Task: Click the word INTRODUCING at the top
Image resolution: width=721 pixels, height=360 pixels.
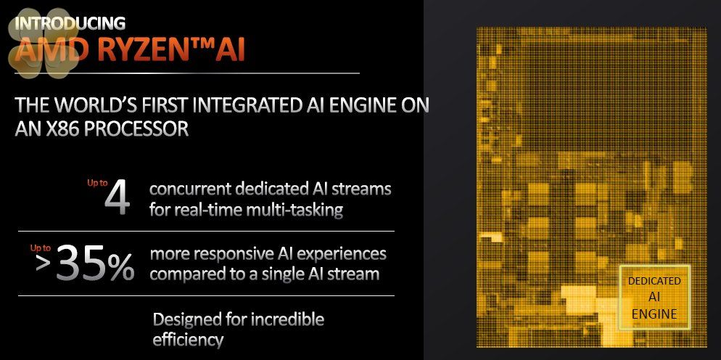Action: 70,22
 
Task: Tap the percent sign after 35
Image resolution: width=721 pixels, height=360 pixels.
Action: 121,265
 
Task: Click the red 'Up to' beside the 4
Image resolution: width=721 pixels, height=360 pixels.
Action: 97,183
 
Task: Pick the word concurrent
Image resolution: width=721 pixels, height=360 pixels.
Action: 191,189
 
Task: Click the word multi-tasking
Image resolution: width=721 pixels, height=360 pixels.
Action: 294,210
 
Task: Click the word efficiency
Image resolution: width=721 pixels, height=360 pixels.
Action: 188,340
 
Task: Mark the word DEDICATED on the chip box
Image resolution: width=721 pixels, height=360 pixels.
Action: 654,282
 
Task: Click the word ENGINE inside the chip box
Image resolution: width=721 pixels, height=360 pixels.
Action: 654,314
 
